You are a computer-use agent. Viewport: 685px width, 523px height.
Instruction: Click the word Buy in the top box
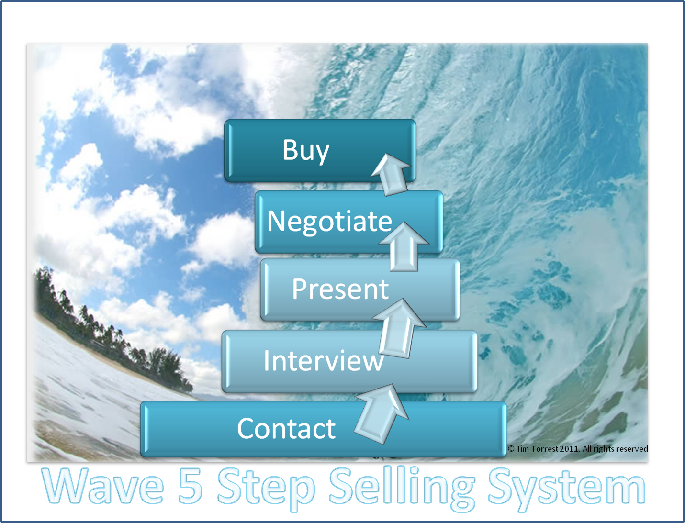(305, 150)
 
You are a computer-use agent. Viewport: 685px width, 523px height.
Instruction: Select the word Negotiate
(329, 221)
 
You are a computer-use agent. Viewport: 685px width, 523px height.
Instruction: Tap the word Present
(340, 289)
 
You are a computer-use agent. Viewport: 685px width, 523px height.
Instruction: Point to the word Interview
(323, 360)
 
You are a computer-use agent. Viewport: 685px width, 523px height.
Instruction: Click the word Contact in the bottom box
(286, 428)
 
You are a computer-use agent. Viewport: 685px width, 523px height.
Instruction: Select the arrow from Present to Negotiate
(404, 246)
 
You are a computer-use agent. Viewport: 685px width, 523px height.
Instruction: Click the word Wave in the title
(103, 487)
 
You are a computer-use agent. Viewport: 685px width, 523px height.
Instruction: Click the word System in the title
(566, 487)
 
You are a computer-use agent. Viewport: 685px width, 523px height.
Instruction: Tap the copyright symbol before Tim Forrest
(511, 449)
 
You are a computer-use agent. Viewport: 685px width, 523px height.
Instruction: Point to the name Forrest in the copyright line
(545, 449)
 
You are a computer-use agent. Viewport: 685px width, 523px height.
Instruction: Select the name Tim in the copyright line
(523, 449)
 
